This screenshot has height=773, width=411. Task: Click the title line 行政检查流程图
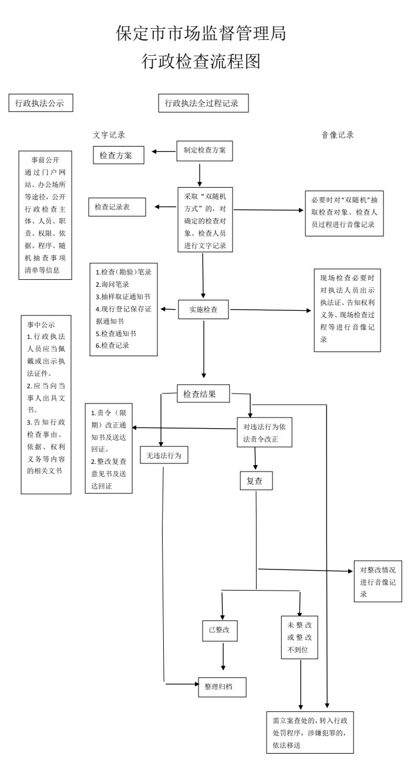click(201, 62)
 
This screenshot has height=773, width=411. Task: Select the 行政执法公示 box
click(40, 103)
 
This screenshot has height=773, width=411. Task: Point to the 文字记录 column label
click(109, 134)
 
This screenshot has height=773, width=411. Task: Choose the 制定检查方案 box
click(205, 150)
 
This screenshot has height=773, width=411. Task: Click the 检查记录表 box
click(117, 207)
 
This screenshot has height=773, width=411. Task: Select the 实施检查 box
click(203, 310)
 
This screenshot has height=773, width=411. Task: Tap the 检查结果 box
click(203, 394)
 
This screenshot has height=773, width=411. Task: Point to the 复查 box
click(256, 481)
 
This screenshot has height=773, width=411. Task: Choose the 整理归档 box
click(222, 686)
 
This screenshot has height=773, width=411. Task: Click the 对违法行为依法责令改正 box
click(264, 433)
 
